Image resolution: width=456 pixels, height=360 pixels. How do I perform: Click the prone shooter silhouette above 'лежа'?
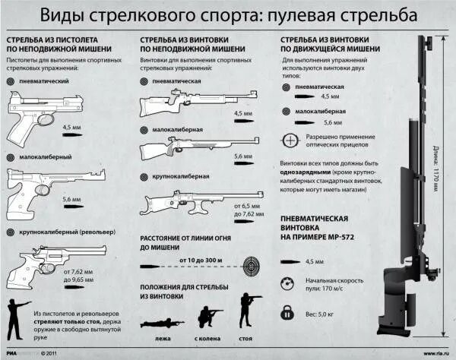coord(161,322)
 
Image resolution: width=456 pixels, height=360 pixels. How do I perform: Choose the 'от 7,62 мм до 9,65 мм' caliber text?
coord(78,276)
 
